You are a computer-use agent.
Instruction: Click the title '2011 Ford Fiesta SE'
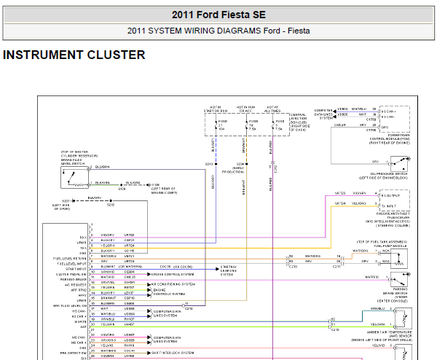point(219,15)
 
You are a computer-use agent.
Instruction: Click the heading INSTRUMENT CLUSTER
point(74,55)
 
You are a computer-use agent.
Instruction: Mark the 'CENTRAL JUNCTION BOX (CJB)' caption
point(299,120)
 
